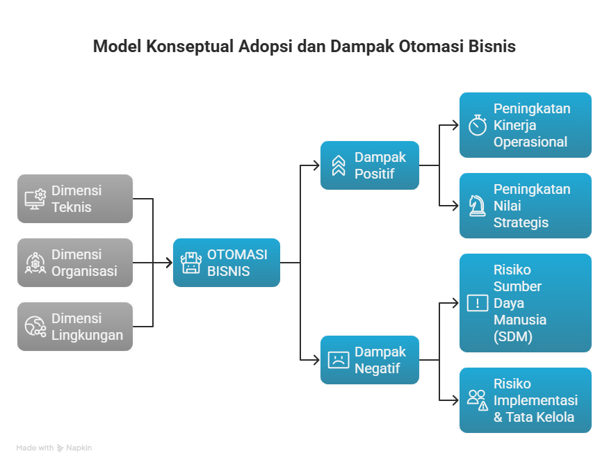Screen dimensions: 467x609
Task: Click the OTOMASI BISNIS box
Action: [x=227, y=263]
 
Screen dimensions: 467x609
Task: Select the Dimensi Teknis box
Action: [x=75, y=199]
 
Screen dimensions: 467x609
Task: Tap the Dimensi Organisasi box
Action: [x=75, y=263]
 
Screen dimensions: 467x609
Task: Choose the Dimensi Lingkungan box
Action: [x=75, y=327]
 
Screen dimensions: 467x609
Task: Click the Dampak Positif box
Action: [x=370, y=165]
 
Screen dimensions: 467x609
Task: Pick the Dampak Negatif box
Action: [x=370, y=360]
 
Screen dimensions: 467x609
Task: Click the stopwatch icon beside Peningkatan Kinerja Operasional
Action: [x=478, y=125]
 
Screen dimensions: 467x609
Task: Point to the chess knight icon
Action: [x=478, y=206]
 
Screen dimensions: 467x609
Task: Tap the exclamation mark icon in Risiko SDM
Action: [x=478, y=303]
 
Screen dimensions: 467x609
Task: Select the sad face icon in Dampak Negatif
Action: [x=339, y=360]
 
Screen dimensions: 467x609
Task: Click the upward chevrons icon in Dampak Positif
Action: [x=339, y=165]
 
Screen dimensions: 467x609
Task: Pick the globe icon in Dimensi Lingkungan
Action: [x=35, y=327]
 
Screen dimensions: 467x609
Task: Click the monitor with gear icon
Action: [x=35, y=199]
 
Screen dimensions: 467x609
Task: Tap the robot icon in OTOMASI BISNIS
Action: [x=190, y=263]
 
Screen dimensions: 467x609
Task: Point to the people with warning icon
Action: [x=478, y=400]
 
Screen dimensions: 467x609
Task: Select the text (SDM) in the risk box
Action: [x=512, y=336]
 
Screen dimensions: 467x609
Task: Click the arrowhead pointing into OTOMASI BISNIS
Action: [x=169, y=263]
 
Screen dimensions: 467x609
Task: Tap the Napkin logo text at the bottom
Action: [x=79, y=448]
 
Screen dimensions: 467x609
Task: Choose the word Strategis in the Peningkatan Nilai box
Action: [x=521, y=222]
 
